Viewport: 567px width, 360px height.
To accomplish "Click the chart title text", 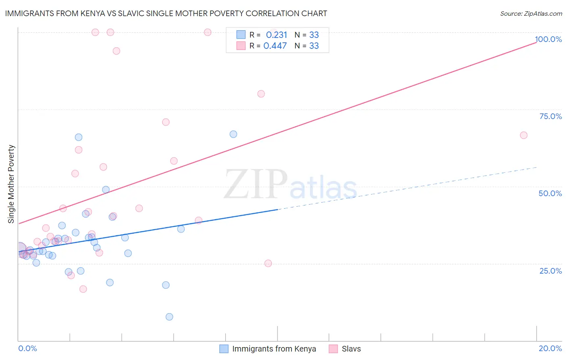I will point(166,13).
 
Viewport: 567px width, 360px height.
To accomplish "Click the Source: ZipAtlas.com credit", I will point(531,14).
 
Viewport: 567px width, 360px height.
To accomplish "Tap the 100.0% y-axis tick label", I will point(548,39).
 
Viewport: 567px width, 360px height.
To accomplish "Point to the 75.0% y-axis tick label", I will point(550,116).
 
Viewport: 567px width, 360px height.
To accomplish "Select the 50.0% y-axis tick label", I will point(550,193).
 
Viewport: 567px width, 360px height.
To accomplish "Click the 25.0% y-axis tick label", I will point(550,271).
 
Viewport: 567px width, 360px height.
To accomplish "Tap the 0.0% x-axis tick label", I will point(27,348).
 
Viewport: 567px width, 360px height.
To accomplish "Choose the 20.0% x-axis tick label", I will point(550,348).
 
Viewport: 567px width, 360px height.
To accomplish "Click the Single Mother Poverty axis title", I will point(11,184).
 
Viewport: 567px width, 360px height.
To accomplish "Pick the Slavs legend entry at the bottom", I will point(351,349).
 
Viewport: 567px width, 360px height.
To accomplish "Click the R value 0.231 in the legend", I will point(276,35).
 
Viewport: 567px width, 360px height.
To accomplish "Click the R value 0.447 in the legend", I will point(275,46).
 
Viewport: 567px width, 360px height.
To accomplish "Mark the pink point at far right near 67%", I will point(523,135).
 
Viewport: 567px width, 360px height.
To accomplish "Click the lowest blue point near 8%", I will point(169,317).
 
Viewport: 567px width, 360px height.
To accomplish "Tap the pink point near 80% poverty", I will point(261,94).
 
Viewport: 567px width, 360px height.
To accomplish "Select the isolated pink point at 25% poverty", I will point(268,263).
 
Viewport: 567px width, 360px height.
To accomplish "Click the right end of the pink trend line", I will point(536,42).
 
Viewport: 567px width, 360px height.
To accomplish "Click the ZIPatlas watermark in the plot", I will point(290,185).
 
